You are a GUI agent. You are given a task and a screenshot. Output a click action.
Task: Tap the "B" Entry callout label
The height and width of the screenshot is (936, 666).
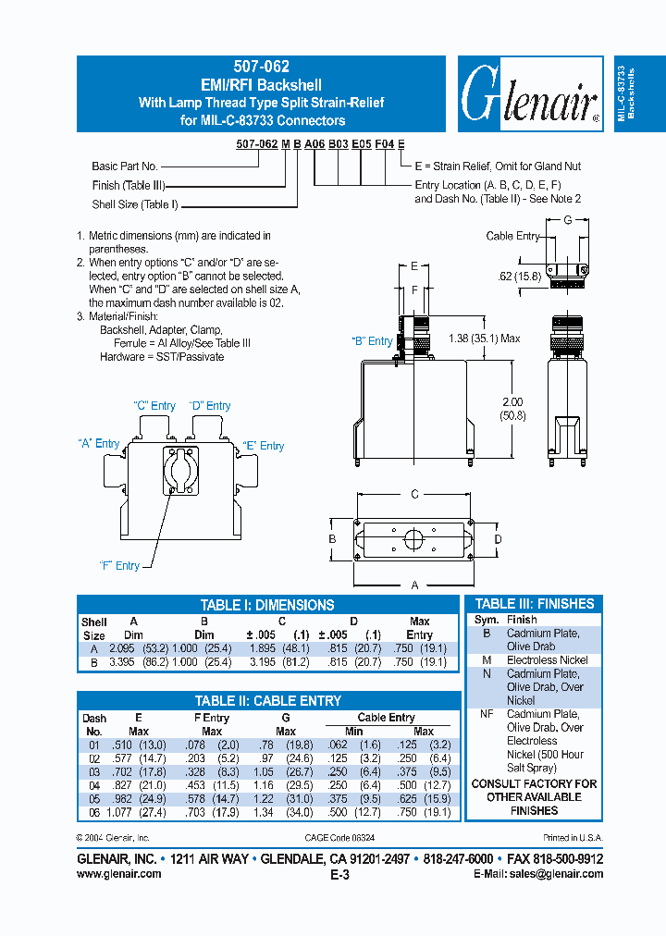pyautogui.click(x=372, y=341)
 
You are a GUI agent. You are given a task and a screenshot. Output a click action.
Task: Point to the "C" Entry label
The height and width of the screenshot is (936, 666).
pyautogui.click(x=154, y=406)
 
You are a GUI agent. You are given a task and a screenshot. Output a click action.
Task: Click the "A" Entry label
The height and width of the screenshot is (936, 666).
pyautogui.click(x=98, y=444)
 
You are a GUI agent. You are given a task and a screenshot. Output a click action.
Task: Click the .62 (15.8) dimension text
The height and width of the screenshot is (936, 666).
pyautogui.click(x=519, y=276)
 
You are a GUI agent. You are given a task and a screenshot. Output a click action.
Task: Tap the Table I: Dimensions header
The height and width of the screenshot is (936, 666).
pyautogui.click(x=267, y=605)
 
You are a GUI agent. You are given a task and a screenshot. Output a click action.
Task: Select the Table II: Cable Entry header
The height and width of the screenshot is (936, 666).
pyautogui.click(x=267, y=701)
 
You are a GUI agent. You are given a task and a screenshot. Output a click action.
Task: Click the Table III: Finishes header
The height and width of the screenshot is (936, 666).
pyautogui.click(x=535, y=604)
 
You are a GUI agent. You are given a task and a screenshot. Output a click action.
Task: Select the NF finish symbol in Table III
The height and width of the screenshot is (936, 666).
pyautogui.click(x=487, y=714)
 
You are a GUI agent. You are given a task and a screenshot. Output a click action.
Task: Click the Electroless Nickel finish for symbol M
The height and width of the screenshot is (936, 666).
pyautogui.click(x=548, y=660)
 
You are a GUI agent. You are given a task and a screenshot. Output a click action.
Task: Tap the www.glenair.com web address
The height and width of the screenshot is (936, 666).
pyautogui.click(x=118, y=874)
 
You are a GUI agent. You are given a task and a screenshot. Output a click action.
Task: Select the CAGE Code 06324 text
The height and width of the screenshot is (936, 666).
pyautogui.click(x=336, y=837)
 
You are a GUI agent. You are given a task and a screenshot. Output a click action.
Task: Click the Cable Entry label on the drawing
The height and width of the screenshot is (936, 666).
pyautogui.click(x=512, y=237)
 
